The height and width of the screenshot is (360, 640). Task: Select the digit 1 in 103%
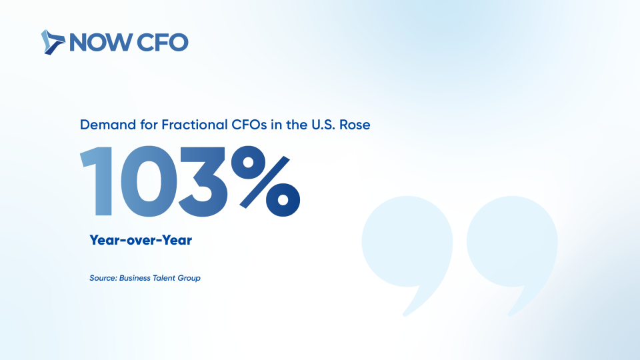click(x=97, y=181)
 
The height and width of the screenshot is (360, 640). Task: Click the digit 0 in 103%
click(x=149, y=181)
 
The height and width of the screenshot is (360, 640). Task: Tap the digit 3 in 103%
click(x=202, y=181)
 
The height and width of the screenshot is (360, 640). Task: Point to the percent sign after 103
click(x=265, y=181)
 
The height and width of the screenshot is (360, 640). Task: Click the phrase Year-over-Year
click(x=141, y=241)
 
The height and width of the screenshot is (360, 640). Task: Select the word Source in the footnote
click(x=103, y=278)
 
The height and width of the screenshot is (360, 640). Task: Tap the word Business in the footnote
click(x=135, y=278)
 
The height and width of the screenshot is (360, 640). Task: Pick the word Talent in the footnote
click(x=164, y=278)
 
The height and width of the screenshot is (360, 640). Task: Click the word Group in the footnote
click(x=189, y=279)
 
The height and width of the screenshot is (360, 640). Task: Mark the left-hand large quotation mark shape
click(x=407, y=245)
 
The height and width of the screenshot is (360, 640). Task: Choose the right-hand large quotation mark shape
click(x=512, y=245)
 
